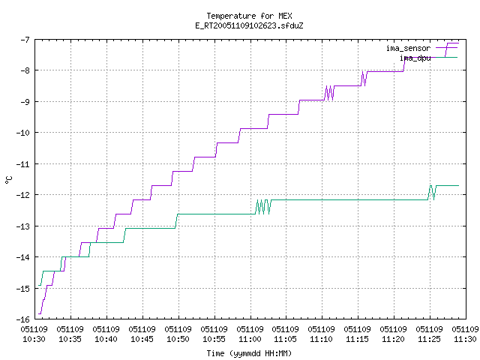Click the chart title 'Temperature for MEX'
249,16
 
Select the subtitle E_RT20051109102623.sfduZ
249,25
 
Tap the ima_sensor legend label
408,48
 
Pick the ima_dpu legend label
415,58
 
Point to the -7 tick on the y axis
25,40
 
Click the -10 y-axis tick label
22,133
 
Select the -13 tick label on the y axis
22,226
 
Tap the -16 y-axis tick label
22,319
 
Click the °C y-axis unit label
8,180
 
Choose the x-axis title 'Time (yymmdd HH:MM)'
249,353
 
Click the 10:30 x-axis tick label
34,334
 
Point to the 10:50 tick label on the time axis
178,334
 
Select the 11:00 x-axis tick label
250,334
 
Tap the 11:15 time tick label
357,334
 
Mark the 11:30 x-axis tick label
465,334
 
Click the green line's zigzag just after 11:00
263,207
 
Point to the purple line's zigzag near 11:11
329,93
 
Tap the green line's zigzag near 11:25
432,193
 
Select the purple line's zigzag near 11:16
364,79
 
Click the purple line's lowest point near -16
40,313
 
